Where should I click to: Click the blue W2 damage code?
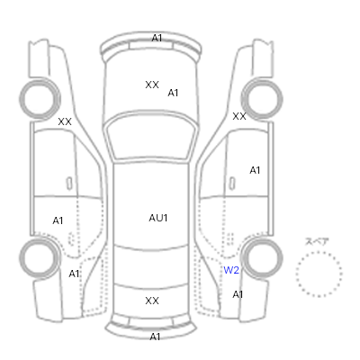[231, 270]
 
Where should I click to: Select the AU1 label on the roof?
[158, 218]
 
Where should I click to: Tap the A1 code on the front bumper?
[157, 38]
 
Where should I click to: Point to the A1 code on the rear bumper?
[155, 337]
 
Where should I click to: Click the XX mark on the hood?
[152, 85]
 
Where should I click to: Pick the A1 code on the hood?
[173, 93]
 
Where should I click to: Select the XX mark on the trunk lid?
[152, 301]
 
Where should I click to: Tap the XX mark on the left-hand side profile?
[65, 121]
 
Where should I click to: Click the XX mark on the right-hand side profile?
[239, 116]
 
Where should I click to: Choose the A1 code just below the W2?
[238, 294]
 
